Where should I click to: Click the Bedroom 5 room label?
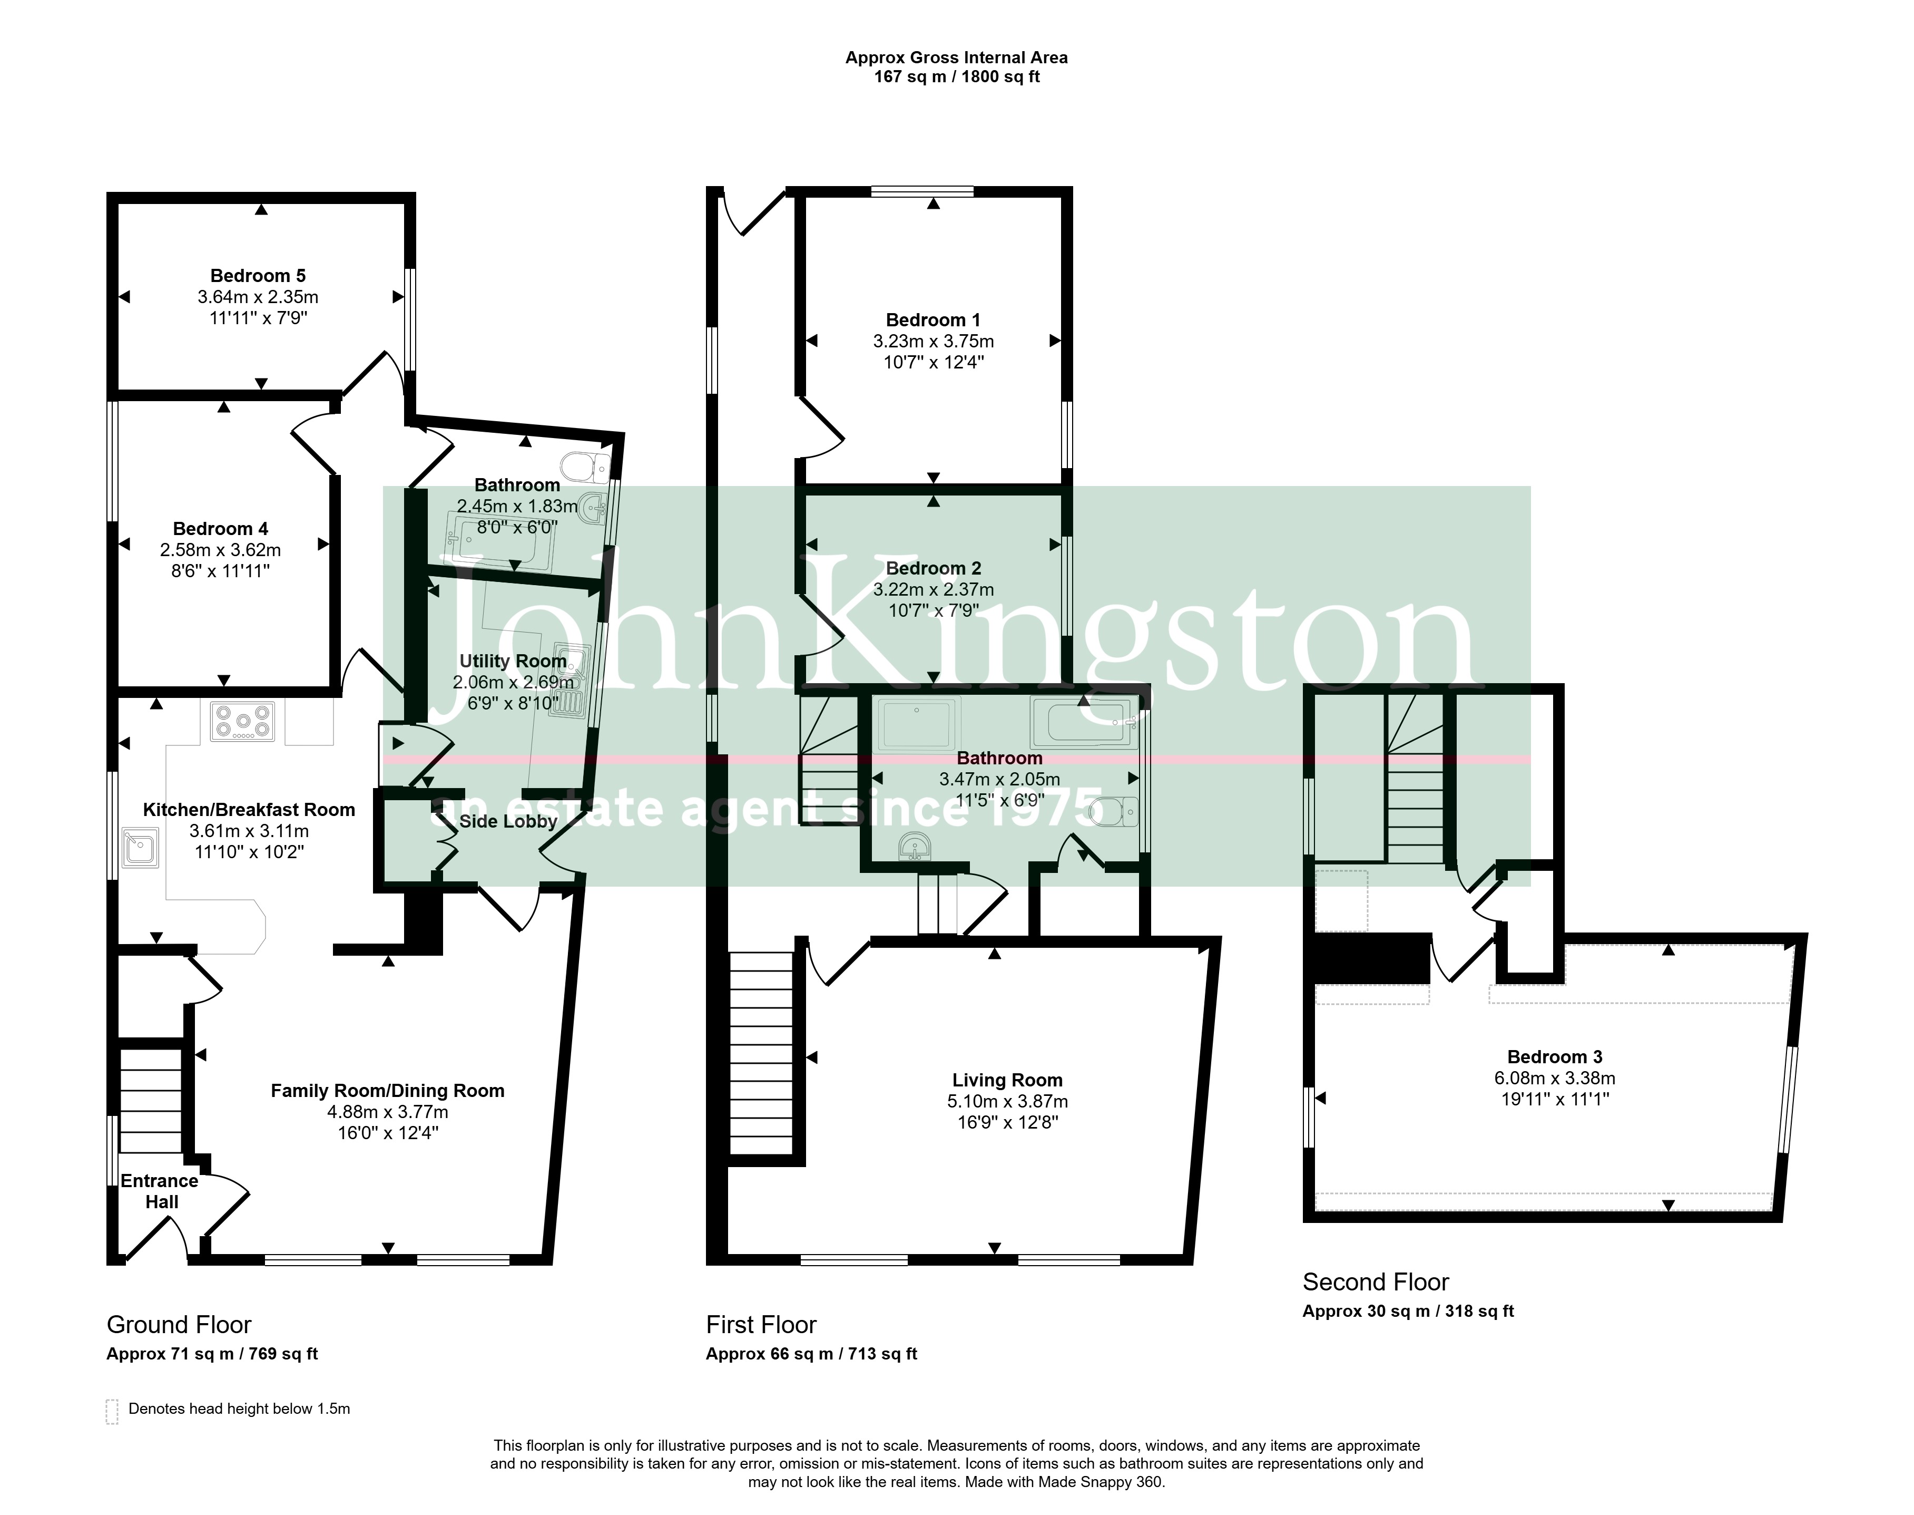[x=258, y=276]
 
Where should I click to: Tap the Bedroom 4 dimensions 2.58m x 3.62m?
[x=221, y=550]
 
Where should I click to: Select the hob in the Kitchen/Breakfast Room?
[x=242, y=721]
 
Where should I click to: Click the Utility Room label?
[x=513, y=661]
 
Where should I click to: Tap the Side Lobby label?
[x=508, y=821]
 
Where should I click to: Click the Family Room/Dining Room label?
[x=387, y=1091]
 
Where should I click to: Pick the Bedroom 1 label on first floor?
[x=934, y=320]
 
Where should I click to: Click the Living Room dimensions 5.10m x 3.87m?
[x=1007, y=1102]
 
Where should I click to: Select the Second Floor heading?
[x=1375, y=1281]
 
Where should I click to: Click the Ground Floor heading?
[x=179, y=1324]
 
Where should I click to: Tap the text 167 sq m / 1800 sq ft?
[x=957, y=77]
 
